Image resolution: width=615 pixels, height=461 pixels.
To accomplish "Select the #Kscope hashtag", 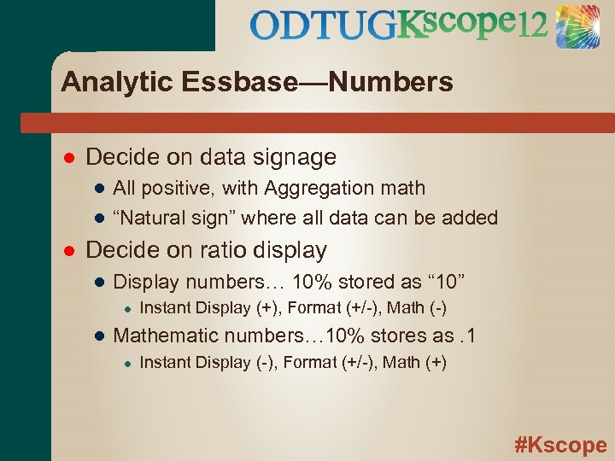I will [560, 445].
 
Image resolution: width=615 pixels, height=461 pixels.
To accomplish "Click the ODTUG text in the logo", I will [324, 26].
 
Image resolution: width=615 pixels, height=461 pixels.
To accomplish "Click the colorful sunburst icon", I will [578, 26].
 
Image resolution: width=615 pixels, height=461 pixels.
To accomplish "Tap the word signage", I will [294, 157].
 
